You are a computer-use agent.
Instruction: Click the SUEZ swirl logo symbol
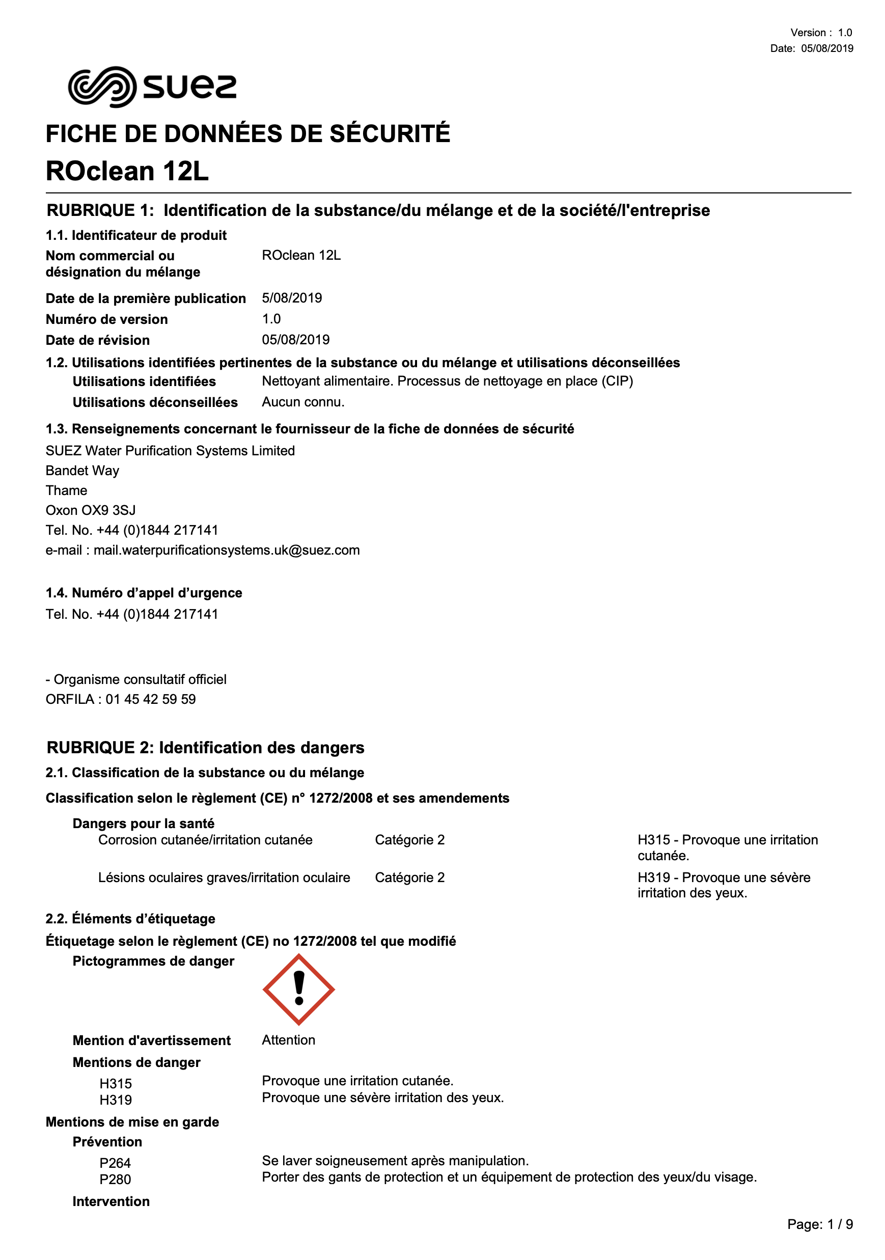pos(101,87)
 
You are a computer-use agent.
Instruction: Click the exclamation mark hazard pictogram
pos(298,989)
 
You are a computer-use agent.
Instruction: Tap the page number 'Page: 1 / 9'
pos(820,1224)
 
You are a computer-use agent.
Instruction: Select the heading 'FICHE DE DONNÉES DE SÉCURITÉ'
pos(247,134)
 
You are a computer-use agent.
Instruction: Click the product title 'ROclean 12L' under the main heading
pos(127,171)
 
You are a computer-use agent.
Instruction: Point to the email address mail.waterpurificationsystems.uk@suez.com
pos(227,550)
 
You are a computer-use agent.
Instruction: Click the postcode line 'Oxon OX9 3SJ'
pos(91,510)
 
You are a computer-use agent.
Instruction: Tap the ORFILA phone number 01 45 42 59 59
pos(150,699)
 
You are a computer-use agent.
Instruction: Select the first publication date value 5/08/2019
pos(292,298)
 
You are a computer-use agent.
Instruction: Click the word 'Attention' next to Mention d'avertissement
pos(289,1040)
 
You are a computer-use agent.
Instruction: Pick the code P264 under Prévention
pos(115,1163)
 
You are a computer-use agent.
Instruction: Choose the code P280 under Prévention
pos(115,1180)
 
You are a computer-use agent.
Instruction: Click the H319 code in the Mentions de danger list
pos(116,1100)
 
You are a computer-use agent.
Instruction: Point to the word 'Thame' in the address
pos(66,490)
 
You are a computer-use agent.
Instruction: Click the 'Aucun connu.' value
pos(303,402)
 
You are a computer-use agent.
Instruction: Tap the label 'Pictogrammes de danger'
pos(153,961)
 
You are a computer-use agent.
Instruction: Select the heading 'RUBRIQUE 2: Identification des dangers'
pos(205,748)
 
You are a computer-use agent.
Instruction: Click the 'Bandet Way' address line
pos(82,471)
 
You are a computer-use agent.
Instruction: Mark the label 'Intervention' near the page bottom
pos(111,1201)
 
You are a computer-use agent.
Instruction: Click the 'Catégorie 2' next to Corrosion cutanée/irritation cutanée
pos(410,840)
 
